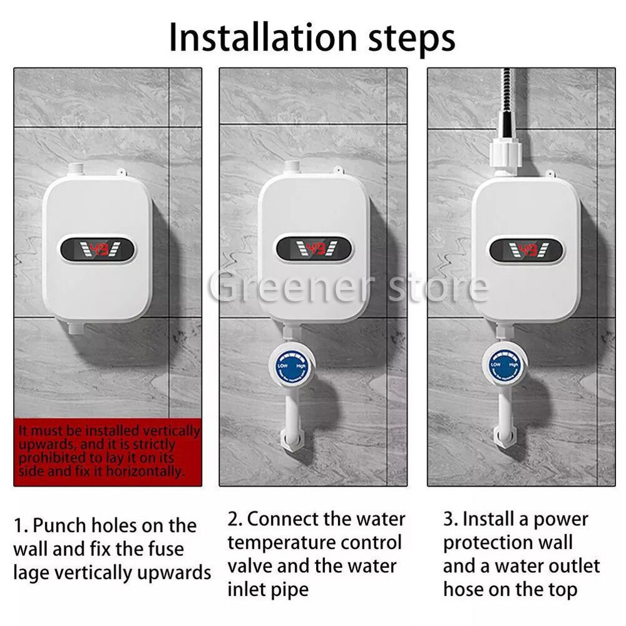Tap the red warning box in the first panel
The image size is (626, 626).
point(108,451)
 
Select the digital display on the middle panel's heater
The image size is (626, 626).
point(314,249)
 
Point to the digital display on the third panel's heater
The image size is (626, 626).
point(526,250)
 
